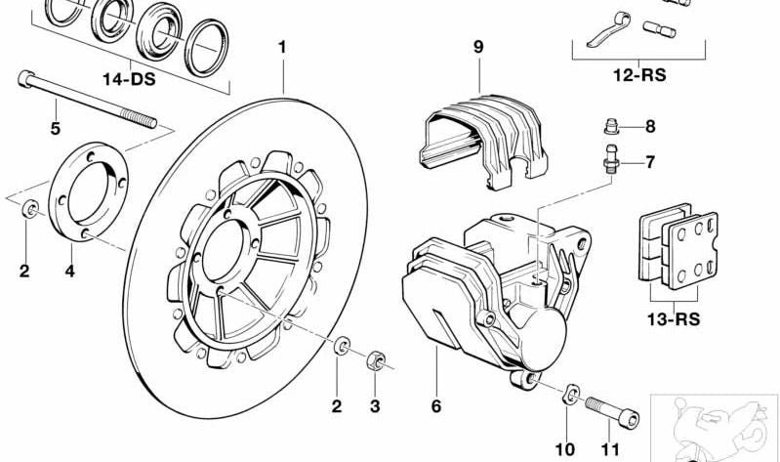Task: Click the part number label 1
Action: coord(282,47)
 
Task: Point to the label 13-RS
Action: coord(673,318)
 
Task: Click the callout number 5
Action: coord(55,128)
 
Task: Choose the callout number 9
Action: coord(477,47)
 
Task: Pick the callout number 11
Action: coord(609,448)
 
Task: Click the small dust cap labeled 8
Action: coord(610,126)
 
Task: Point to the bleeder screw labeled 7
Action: coord(611,159)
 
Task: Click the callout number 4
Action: coord(69,271)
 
